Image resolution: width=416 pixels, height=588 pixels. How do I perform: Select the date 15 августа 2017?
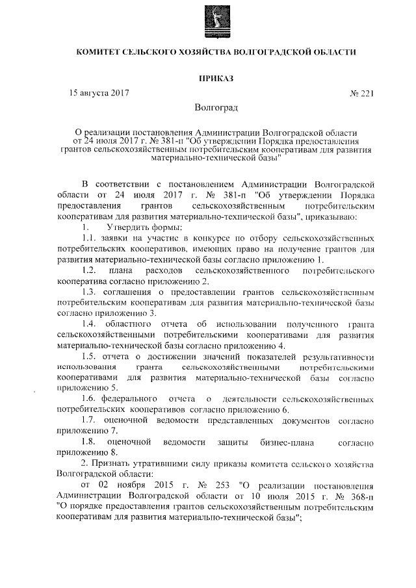[99, 93]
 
